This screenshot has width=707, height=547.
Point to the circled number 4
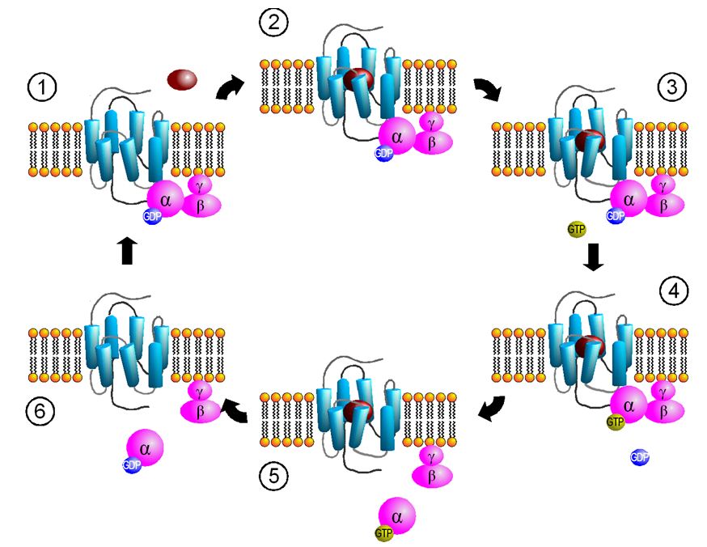coord(671,289)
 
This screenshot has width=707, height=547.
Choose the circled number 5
coord(273,477)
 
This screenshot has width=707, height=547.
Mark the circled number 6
coord(40,410)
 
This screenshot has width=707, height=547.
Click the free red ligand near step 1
coord(182,78)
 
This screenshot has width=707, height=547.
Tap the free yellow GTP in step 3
coord(575,231)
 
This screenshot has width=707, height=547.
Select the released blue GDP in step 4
coord(639,457)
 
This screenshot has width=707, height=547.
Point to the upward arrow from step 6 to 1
coord(126,252)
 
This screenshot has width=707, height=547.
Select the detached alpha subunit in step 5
coord(396,515)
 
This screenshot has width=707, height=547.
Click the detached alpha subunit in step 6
coord(145,447)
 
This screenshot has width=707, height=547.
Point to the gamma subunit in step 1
coord(201,183)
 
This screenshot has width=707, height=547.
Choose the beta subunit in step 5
coord(431,477)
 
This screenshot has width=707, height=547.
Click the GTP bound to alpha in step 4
coord(616,421)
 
